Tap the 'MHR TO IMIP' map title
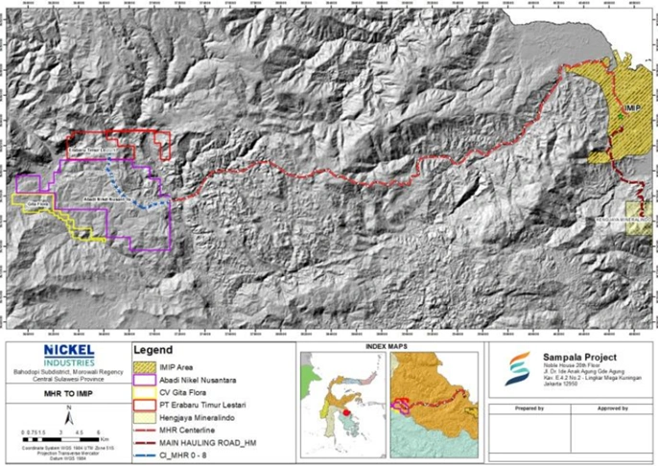(66, 393)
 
